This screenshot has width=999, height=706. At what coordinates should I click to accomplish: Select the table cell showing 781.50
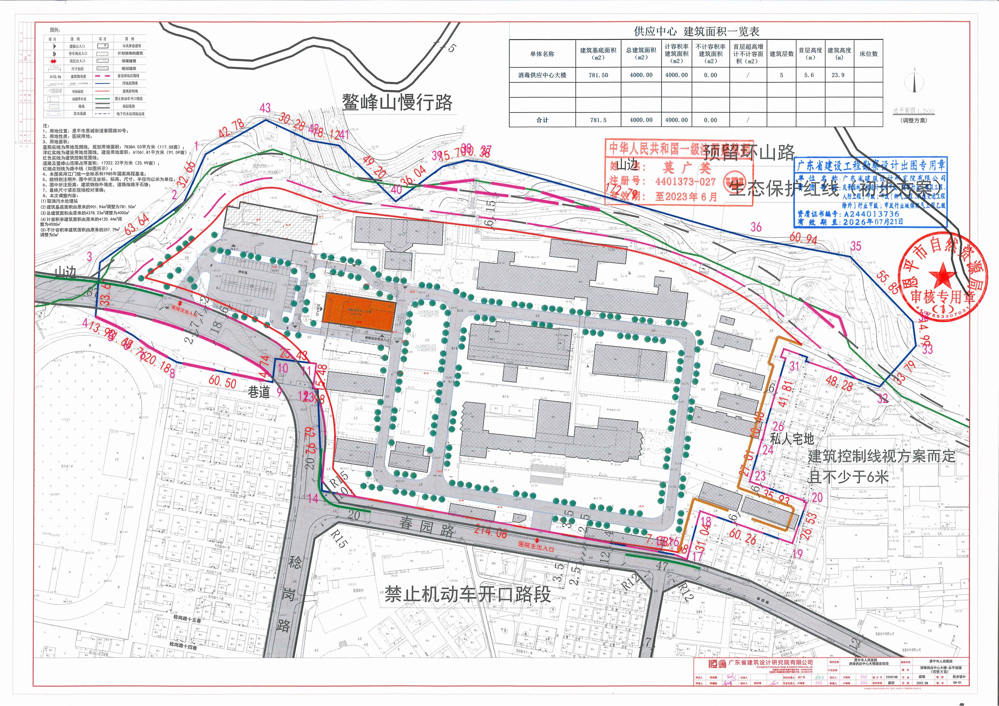point(598,75)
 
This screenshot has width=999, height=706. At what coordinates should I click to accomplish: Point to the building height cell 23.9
point(838,75)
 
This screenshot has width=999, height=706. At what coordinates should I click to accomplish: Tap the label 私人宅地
point(792,438)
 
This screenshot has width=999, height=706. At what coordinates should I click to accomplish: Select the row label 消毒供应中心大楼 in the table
point(542,75)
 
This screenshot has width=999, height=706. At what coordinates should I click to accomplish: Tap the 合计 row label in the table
point(542,120)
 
